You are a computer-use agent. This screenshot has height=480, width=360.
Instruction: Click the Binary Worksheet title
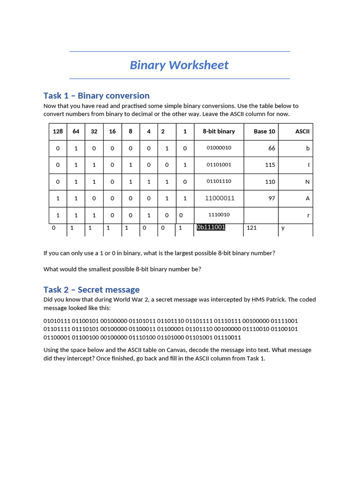pos(179,65)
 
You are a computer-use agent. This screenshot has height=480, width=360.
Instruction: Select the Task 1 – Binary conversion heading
pos(96,96)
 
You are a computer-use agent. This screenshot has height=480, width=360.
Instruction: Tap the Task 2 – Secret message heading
pos(91,290)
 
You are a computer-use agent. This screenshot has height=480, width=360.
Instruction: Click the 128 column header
pos(58,132)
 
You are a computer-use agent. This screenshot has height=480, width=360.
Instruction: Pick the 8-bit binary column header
pos(218,132)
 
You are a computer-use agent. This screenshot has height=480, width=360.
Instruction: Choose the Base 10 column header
pos(264,132)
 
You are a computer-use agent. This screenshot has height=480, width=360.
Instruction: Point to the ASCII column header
pos(302,132)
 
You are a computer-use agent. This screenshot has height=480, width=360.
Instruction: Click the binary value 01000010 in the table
pos(218,148)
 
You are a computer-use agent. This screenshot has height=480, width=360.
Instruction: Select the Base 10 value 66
pos(271,148)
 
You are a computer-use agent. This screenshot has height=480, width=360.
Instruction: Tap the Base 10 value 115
pos(270,165)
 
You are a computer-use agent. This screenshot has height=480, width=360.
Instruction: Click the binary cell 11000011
pos(219,198)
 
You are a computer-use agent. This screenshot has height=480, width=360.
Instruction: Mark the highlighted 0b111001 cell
pos(211,227)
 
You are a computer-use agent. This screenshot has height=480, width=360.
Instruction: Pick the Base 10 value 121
pos(251,228)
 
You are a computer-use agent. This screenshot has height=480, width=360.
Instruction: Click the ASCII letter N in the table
pos(307,182)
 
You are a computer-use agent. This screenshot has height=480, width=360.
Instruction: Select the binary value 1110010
pos(218,215)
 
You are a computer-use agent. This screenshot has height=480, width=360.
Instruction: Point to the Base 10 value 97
pos(271,198)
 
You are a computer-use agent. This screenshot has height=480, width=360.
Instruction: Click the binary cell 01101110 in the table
pos(218,181)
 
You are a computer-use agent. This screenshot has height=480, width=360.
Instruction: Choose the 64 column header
pos(75,132)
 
